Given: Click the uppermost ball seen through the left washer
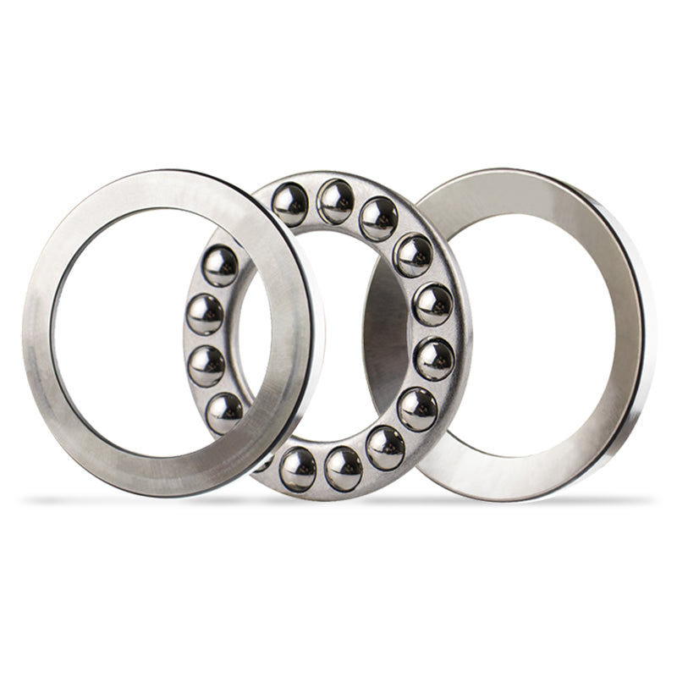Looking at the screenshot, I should [x=221, y=265].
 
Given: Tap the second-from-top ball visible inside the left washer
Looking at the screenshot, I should [x=206, y=314].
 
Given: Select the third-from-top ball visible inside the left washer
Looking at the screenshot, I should [x=207, y=366].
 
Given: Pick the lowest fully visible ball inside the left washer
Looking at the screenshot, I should [x=225, y=412].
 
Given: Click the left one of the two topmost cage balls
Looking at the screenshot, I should [x=290, y=204].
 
